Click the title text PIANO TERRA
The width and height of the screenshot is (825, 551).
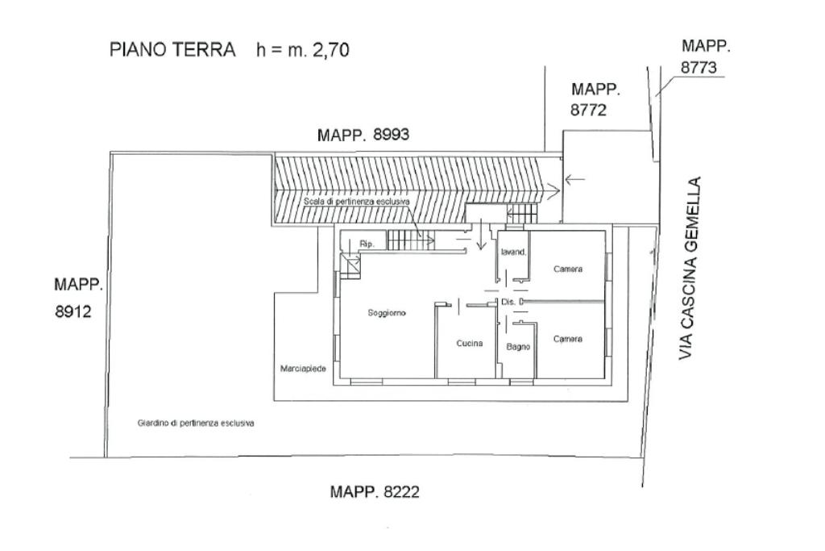click(172, 50)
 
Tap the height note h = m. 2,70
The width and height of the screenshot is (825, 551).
click(302, 50)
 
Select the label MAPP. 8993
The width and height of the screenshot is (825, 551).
click(363, 136)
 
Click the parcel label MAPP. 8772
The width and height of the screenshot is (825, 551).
click(595, 100)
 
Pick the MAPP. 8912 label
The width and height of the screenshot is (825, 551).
click(79, 298)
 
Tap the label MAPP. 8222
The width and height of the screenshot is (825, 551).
click(375, 491)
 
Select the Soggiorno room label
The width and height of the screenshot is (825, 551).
click(387, 313)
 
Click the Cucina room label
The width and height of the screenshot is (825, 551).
click(470, 344)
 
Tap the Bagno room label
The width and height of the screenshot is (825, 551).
click(518, 347)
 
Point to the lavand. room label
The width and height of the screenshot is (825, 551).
click(513, 252)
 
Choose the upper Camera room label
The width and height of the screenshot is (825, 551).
click(568, 269)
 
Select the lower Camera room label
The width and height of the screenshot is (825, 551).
click(568, 340)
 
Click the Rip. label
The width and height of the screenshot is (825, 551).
click(367, 243)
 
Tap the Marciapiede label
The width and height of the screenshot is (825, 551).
click(303, 369)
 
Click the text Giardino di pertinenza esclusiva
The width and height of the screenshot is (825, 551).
click(196, 423)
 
